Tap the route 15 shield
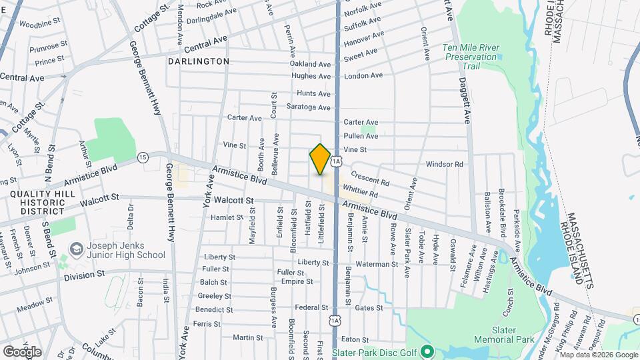pos(143,157)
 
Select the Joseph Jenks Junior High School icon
pos(75,248)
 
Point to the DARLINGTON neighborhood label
pos(199,61)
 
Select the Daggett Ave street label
pos(463,99)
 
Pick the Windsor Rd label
pos(444,164)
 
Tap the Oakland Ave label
pos(311,65)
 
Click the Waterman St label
pos(376,265)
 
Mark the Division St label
pos(84,273)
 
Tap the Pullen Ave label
pos(361,136)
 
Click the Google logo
pos(22,351)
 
